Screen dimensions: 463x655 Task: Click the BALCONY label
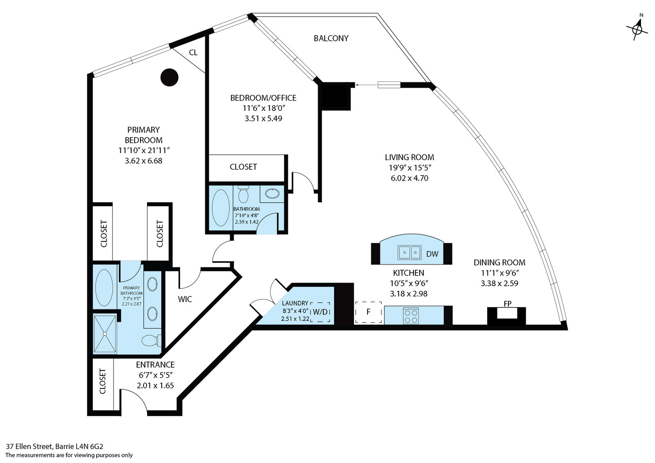(x=331, y=38)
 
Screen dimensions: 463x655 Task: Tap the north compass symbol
(x=637, y=29)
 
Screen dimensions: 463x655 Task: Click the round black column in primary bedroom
(x=169, y=77)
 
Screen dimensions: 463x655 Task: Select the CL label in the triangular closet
(x=193, y=53)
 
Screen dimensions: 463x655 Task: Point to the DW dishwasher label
(x=432, y=254)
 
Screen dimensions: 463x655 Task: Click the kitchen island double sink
(x=409, y=252)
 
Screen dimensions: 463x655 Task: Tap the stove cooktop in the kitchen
(x=411, y=315)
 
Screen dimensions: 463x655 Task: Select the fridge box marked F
(x=368, y=312)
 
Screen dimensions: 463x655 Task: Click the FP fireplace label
(x=507, y=304)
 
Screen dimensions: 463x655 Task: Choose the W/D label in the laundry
(x=320, y=312)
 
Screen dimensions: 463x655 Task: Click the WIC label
(x=185, y=299)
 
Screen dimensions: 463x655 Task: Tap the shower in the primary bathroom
(x=105, y=334)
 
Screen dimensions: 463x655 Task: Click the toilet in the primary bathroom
(x=150, y=340)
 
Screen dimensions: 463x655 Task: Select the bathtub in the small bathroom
(x=221, y=208)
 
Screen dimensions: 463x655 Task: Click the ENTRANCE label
(x=155, y=365)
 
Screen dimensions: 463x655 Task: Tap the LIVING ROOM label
(x=409, y=157)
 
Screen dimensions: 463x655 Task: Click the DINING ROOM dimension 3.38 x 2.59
(x=499, y=283)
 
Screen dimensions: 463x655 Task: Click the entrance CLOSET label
(x=102, y=382)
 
